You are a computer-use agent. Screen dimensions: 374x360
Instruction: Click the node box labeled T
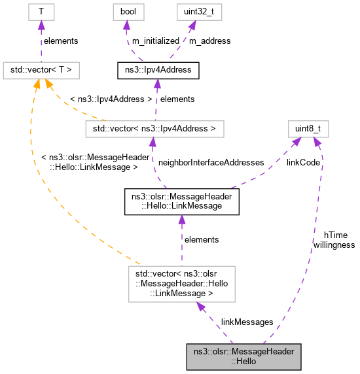click(x=41, y=12)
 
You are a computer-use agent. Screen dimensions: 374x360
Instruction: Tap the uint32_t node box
click(x=191, y=12)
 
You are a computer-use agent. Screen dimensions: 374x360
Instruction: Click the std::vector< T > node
click(x=42, y=69)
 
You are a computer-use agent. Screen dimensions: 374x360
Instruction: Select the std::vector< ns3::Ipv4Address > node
click(x=155, y=129)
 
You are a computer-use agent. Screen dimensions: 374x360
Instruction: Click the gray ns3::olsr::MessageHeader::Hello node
click(x=243, y=356)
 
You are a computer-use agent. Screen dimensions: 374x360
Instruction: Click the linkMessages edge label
click(x=247, y=322)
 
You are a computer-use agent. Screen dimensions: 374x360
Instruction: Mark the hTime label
click(x=335, y=235)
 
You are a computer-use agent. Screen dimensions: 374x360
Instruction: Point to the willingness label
click(x=334, y=245)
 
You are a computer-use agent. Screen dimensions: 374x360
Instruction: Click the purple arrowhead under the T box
click(x=41, y=25)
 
